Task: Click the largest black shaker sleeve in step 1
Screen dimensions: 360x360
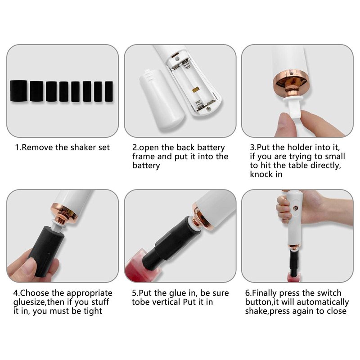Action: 19,91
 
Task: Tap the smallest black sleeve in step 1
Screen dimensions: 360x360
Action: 109,91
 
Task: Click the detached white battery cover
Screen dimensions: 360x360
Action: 162,99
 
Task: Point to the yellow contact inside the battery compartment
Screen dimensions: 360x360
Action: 195,89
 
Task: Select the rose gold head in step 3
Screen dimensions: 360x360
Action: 291,83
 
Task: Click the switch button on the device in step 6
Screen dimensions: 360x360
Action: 296,208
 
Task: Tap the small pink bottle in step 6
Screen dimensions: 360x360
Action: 294,277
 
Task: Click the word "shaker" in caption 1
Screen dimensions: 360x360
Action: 83,147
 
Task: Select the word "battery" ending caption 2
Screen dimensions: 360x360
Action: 146,166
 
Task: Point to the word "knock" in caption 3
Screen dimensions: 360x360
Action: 261,175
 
